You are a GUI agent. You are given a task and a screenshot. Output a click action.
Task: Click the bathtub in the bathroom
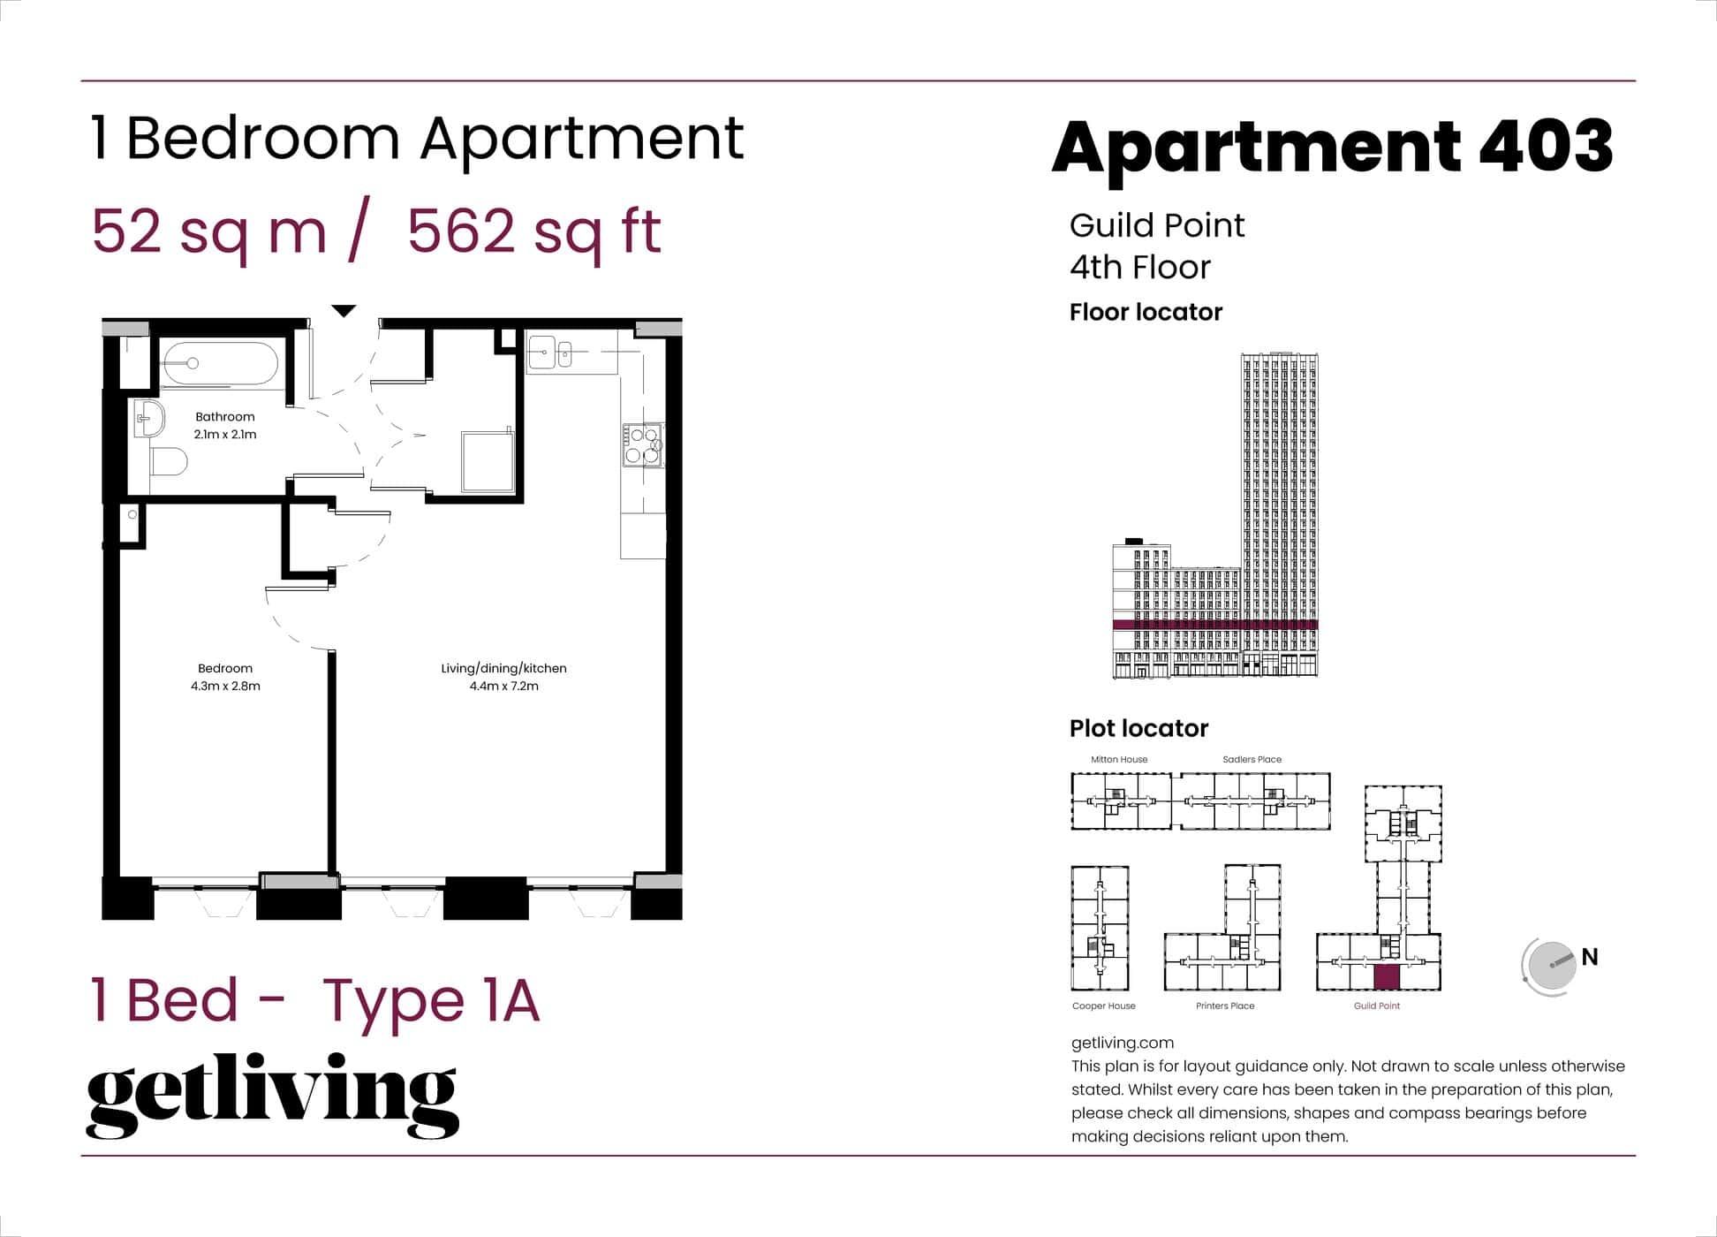click(220, 364)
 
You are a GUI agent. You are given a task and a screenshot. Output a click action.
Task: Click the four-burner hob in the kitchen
click(643, 445)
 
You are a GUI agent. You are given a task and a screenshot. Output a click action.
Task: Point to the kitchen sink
click(549, 353)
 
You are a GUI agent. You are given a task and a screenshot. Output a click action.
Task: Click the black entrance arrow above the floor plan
click(344, 311)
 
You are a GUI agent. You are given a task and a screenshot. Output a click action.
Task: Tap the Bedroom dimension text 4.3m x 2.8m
click(225, 686)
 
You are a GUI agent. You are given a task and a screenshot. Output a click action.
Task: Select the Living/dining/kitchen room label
click(503, 668)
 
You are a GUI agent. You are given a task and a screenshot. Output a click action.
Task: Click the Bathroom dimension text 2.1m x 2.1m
click(225, 434)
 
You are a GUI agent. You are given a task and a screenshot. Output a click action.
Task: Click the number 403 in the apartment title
click(1546, 147)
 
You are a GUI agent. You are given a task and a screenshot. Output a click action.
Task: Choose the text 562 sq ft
click(534, 231)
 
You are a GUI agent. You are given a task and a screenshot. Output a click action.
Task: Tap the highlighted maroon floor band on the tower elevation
click(1214, 625)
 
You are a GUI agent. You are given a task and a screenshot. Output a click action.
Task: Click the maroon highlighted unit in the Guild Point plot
click(1387, 976)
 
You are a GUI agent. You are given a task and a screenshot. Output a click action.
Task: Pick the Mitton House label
click(1119, 759)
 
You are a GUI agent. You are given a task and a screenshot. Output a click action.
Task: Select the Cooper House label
click(1103, 1006)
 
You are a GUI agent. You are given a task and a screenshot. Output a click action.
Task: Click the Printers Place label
click(1225, 1006)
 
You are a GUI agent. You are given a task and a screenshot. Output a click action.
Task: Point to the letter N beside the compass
click(1590, 957)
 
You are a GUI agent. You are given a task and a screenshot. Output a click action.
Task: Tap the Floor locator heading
click(1146, 312)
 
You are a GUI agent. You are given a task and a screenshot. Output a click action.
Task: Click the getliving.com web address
click(1122, 1043)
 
